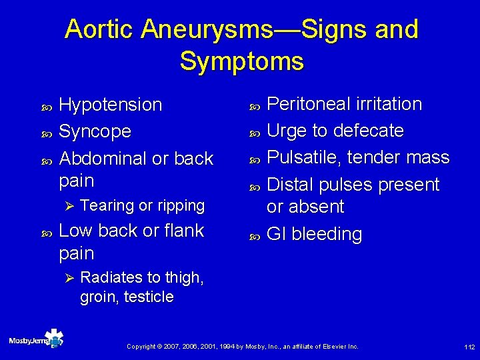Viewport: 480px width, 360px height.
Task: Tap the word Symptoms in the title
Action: (x=241, y=61)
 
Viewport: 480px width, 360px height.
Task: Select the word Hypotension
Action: (x=111, y=105)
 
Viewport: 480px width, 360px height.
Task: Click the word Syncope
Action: (x=95, y=131)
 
